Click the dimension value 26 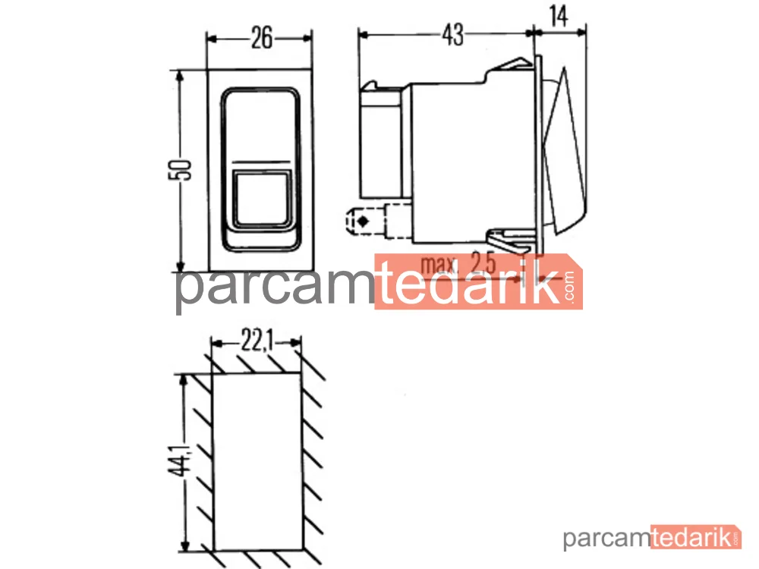(261, 38)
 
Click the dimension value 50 (180, 169)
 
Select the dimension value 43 (453, 34)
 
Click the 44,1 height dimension (180, 459)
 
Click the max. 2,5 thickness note (458, 264)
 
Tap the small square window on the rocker (263, 198)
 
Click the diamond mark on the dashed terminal (363, 222)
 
